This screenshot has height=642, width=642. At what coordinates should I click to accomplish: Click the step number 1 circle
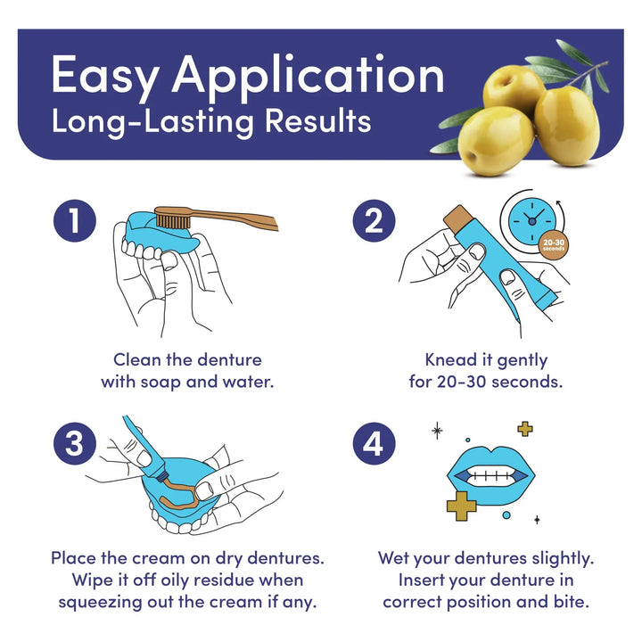coord(75,221)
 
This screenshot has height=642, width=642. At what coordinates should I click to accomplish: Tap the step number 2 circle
coord(374,221)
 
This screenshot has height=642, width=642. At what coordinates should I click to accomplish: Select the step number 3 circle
coord(75,443)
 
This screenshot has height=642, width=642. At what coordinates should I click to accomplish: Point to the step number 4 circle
coord(374,443)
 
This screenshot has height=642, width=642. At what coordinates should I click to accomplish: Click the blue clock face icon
coord(531,221)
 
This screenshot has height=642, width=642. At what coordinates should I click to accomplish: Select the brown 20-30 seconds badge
coord(554,245)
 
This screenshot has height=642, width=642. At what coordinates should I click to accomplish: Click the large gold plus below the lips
coord(461,506)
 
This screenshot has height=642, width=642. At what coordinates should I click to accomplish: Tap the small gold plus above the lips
coord(525,429)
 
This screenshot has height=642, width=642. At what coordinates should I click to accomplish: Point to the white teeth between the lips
coord(491,475)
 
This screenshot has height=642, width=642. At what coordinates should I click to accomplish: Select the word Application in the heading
coord(308,78)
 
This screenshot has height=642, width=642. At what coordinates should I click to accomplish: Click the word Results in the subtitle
coord(317,120)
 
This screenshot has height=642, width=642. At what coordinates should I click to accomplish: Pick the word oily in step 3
coord(175,580)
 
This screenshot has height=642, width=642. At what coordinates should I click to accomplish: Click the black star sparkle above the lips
coord(437,431)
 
